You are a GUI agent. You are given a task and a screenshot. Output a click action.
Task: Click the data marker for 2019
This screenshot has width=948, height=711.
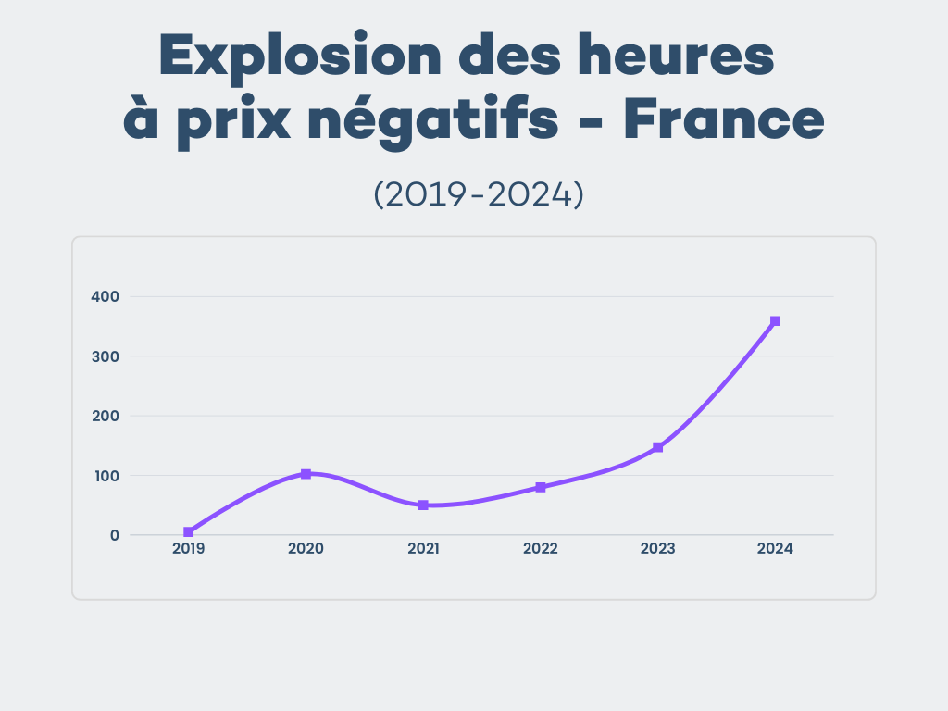[189, 532]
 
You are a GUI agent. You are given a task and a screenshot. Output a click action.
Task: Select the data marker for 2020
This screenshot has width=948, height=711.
[306, 474]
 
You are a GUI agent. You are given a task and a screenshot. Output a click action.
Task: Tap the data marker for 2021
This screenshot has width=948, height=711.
[423, 505]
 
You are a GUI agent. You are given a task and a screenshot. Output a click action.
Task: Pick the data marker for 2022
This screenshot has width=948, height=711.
[541, 487]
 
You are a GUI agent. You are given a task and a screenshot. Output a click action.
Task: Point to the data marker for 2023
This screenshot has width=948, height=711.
[658, 447]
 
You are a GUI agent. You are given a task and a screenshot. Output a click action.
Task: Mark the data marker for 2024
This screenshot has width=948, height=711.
[776, 321]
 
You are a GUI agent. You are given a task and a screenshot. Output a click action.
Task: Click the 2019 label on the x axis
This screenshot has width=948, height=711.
[189, 548]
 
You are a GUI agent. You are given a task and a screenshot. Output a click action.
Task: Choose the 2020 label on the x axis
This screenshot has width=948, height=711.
[306, 548]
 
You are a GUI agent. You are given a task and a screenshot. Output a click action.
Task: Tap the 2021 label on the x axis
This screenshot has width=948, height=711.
[423, 548]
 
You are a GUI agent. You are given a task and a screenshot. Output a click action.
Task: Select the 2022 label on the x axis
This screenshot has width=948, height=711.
[541, 548]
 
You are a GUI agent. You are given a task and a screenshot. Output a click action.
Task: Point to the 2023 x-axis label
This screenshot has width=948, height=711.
[658, 548]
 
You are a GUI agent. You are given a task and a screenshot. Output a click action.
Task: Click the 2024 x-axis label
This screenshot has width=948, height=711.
[776, 548]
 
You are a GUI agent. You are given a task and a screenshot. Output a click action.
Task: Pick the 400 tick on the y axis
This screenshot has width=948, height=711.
[105, 296]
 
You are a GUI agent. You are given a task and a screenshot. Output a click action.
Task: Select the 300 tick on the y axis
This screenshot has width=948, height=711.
[105, 356]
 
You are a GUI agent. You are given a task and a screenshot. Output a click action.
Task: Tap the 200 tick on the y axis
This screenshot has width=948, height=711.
[105, 416]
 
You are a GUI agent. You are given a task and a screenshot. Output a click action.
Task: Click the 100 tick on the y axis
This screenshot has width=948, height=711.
[105, 476]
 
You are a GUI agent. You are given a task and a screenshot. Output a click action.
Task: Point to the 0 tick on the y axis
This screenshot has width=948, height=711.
[115, 535]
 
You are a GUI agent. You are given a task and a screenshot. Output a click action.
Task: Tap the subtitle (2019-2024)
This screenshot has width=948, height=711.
[478, 194]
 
